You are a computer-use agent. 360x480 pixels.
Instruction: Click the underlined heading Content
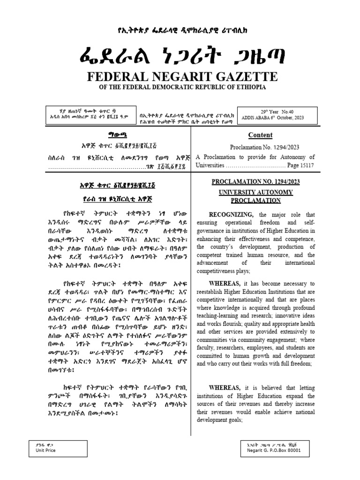click(x=260, y=135)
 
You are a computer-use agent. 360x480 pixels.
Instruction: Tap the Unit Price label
click(x=45, y=450)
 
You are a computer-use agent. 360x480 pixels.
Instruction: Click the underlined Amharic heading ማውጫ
click(x=111, y=135)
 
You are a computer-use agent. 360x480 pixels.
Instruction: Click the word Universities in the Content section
click(x=210, y=165)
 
